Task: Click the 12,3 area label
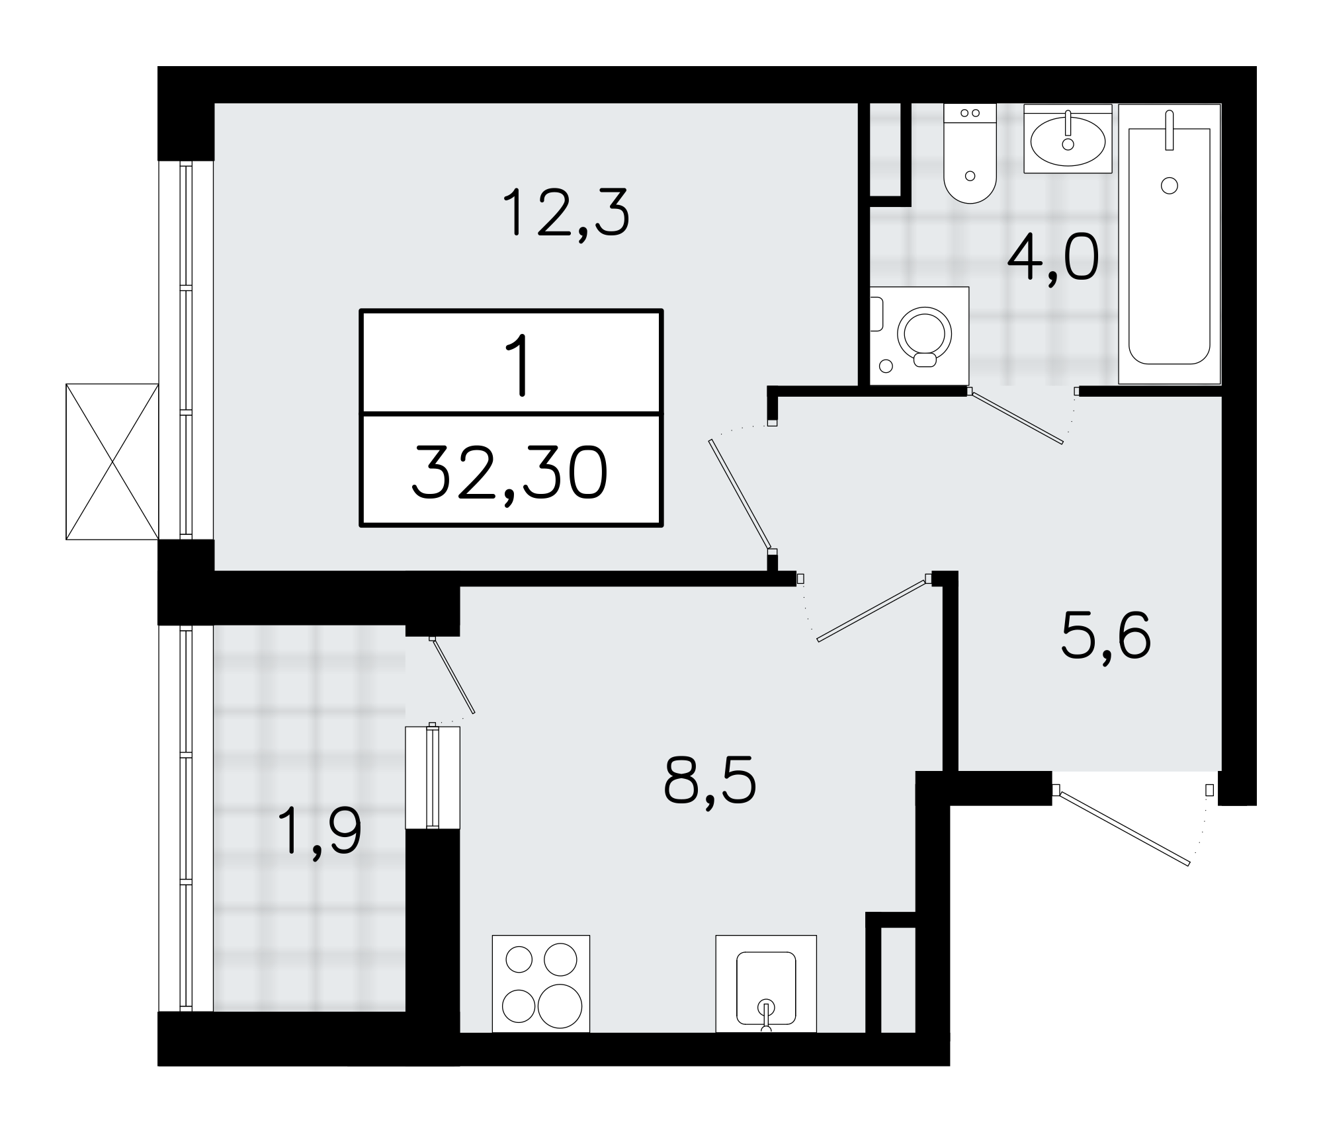click(x=566, y=213)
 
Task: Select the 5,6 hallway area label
click(x=1105, y=636)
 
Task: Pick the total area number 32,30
click(x=509, y=473)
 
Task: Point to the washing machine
click(x=919, y=335)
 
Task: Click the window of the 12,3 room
click(x=187, y=350)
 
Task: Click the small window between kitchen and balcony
click(x=433, y=777)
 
